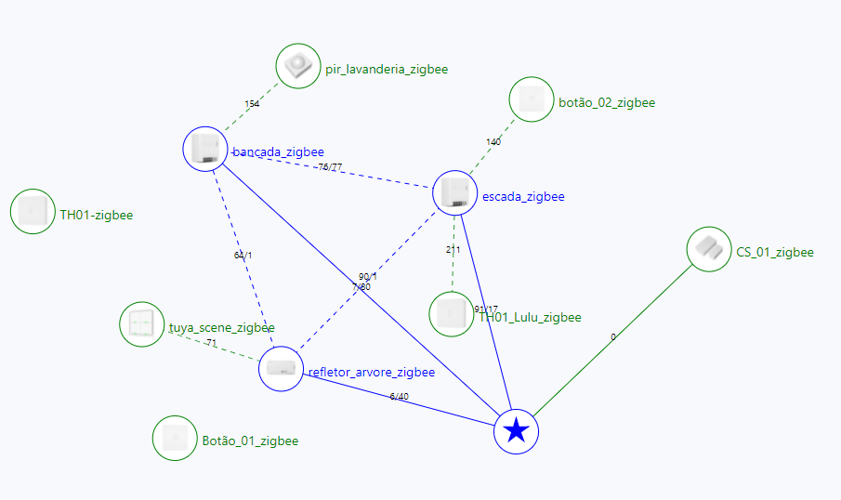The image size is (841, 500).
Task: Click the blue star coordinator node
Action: pos(517,431)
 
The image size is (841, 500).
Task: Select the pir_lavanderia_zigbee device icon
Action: pos(298,67)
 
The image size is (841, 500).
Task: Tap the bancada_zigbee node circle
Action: pos(205,149)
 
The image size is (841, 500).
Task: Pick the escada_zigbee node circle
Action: pos(455,193)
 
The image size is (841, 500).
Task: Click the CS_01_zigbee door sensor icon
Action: pos(709,249)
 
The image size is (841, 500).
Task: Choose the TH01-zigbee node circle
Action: pos(33,211)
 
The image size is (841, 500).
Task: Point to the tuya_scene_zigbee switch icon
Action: pos(142,323)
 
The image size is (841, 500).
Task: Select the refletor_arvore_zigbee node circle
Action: pos(282,369)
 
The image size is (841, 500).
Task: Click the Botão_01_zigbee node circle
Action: pos(175,438)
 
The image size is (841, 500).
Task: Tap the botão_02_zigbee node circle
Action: pos(532,99)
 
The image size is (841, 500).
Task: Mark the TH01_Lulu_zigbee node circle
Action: pos(452,313)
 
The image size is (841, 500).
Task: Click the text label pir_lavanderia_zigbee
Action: pos(387,70)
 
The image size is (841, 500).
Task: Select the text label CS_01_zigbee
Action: pos(775,253)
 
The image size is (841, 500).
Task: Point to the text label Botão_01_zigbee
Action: pos(250,441)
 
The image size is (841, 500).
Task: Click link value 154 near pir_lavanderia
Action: pos(252,104)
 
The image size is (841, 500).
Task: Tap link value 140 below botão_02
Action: pos(493,142)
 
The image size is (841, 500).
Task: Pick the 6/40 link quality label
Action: pos(399,397)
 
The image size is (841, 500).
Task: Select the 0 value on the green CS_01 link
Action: pos(612,337)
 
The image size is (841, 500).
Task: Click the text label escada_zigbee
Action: pos(523,197)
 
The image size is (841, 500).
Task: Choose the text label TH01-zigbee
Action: pos(97,216)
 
